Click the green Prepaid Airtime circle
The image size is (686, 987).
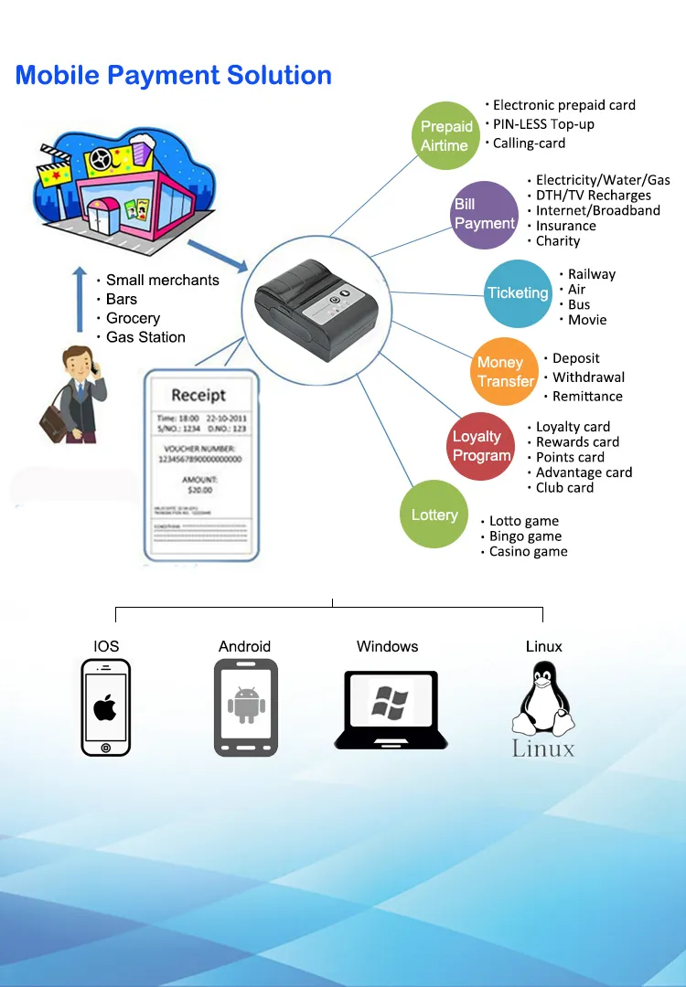pos(445,135)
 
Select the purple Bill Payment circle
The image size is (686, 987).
pos(485,215)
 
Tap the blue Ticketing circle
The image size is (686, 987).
pos(518,293)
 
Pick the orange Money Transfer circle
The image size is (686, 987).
pos(506,372)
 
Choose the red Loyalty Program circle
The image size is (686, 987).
pos(482,446)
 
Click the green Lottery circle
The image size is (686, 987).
pos(434,515)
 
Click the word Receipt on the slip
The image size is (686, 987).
pos(198,395)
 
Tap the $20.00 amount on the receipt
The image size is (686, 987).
pos(198,490)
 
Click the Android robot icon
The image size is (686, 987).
pos(245,706)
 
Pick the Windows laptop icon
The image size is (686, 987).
pos(391,708)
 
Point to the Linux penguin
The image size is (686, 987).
pos(543,700)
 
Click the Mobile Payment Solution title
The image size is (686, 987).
pos(174,75)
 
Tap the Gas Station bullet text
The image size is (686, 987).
pos(145,337)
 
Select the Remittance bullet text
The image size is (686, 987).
pos(587,397)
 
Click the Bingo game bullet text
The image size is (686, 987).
pos(525,536)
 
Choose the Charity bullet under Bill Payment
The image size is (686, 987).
pos(558,241)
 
